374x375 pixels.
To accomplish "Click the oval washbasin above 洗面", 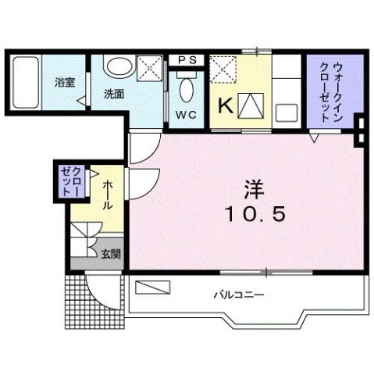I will click(x=119, y=69).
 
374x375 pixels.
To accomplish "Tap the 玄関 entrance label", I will click(x=111, y=253).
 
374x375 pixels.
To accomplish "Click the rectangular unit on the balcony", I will click(x=153, y=287).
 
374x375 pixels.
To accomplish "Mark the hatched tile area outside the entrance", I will click(x=75, y=300).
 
